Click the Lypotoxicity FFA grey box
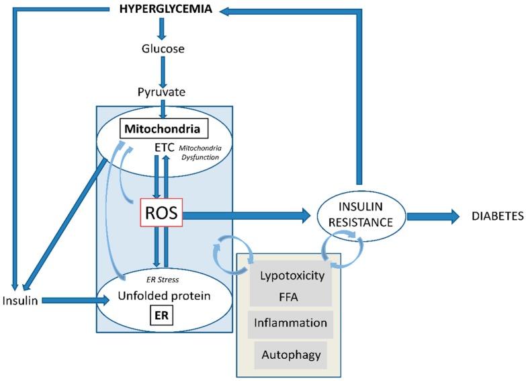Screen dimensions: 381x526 click(x=291, y=285)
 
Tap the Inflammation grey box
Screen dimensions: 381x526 click(x=291, y=323)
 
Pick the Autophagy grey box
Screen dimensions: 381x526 click(x=291, y=354)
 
